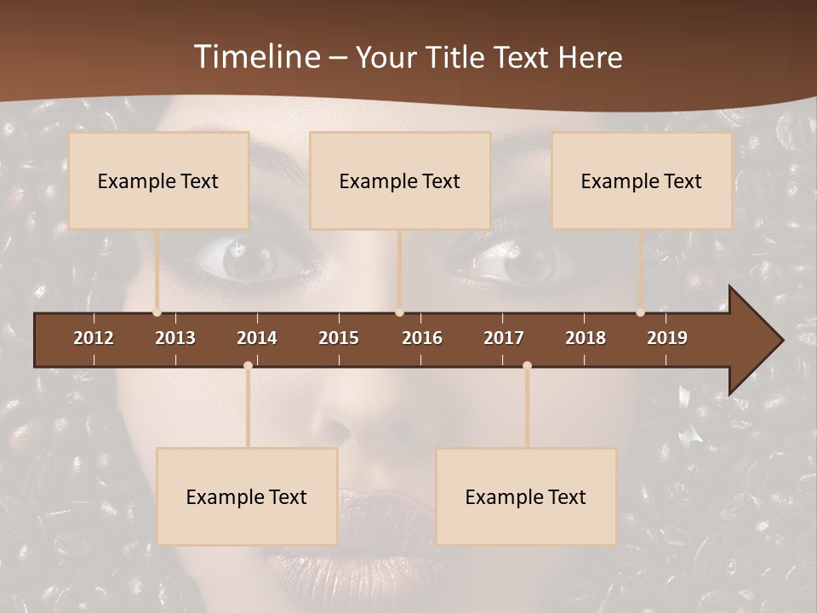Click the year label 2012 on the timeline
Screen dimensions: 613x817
click(94, 338)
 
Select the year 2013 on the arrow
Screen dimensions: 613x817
click(175, 338)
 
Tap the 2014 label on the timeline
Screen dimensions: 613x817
click(257, 338)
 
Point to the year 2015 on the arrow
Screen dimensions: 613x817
click(339, 338)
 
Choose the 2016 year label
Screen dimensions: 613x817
click(422, 338)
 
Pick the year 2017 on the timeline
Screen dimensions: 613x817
click(504, 338)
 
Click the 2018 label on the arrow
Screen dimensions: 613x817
click(586, 338)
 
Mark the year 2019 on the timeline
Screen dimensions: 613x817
click(667, 338)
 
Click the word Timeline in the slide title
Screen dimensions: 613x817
click(257, 57)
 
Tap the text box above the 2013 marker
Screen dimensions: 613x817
click(158, 180)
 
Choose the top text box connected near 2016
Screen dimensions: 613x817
click(400, 180)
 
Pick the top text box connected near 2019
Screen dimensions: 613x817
click(642, 180)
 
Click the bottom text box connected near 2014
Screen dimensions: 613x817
click(247, 496)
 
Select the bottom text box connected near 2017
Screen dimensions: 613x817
click(526, 496)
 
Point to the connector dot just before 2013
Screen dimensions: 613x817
click(157, 312)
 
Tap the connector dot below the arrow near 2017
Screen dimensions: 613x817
click(527, 365)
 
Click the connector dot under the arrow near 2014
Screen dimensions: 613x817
click(248, 365)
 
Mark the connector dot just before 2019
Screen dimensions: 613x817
click(640, 312)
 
